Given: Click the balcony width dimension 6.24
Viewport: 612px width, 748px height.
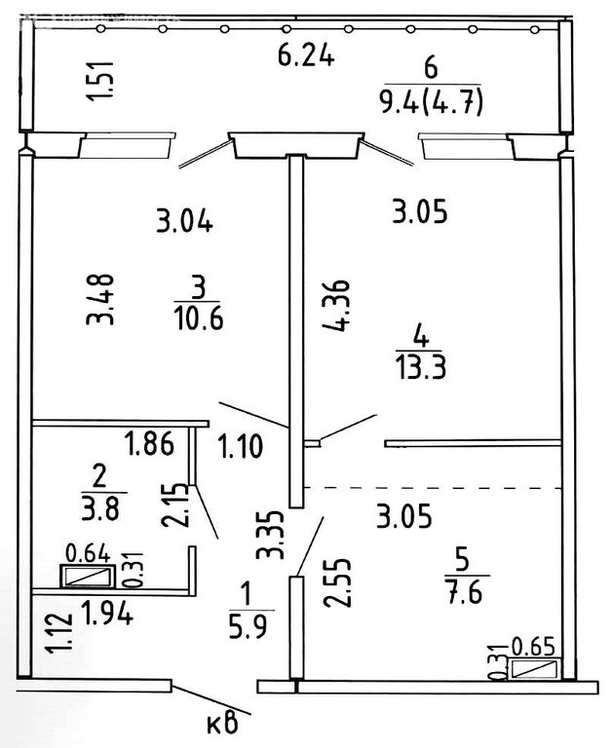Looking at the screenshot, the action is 306,56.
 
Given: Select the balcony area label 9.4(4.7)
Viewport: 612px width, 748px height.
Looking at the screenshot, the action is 433,100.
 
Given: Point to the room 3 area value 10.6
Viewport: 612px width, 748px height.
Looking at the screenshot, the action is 197,318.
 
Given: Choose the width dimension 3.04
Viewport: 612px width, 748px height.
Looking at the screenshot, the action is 184,222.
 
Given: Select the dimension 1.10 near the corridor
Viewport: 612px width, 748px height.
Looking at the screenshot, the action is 240,448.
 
